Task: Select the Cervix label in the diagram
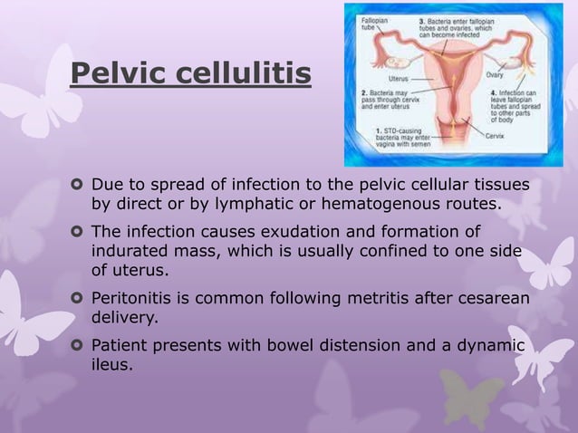click(495, 135)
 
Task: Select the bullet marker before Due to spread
click(78, 185)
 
